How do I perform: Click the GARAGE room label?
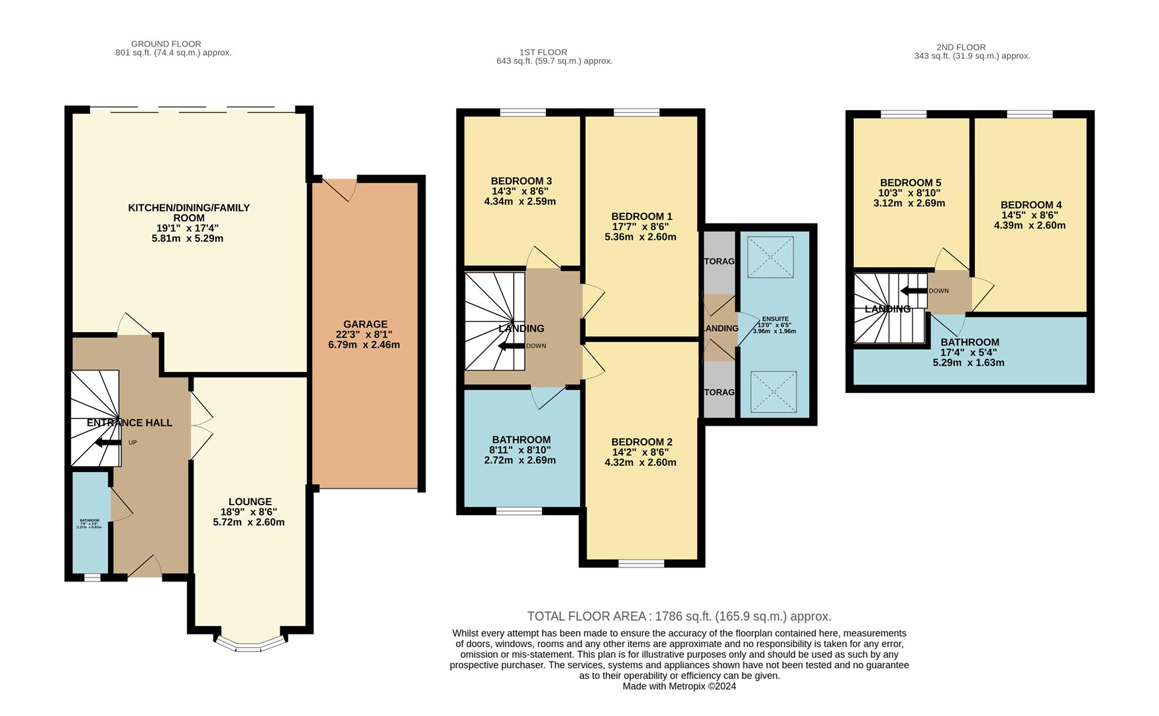365,324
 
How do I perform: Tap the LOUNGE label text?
250,501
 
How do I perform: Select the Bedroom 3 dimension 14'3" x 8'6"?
521,192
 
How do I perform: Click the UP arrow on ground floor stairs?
108,443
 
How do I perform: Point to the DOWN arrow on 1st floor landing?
511,346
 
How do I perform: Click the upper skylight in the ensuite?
771,257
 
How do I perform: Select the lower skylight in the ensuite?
773,391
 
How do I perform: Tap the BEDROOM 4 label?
1030,205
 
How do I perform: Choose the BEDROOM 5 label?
910,182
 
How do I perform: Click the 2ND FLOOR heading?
961,47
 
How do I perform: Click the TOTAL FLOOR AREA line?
679,617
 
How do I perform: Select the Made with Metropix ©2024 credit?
679,686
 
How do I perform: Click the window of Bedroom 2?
641,564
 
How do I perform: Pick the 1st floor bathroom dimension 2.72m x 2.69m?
520,460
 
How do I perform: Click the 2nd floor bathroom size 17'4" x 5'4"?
968,353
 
